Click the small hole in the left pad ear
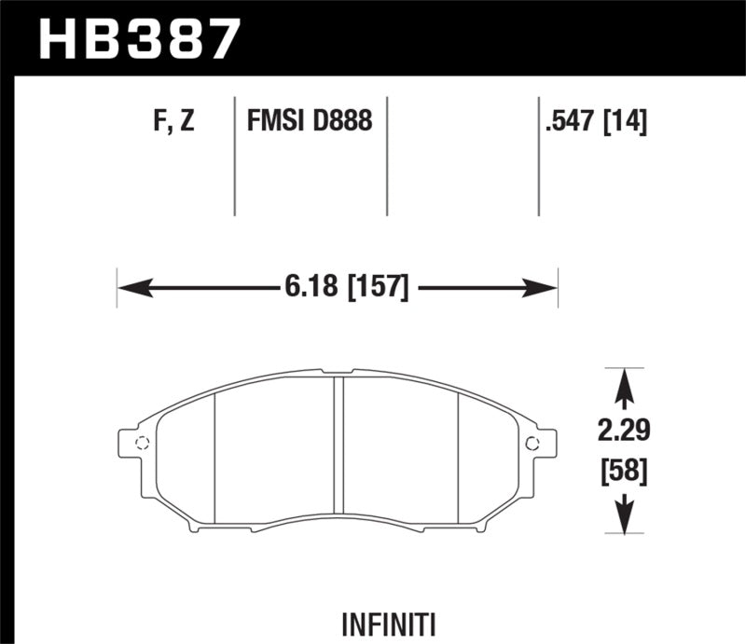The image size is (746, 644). [142, 443]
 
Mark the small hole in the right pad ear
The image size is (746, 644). [532, 443]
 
